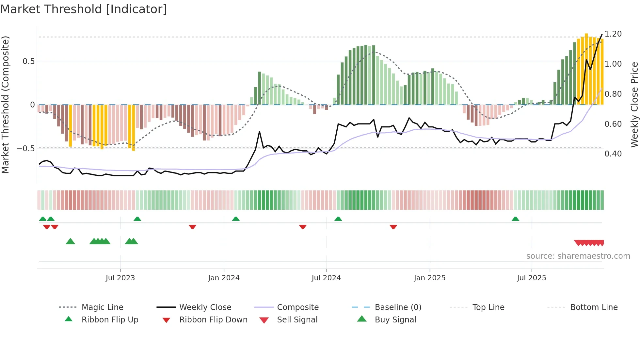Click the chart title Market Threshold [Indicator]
coord(84,9)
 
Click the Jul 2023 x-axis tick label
coord(120,278)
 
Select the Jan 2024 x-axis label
coord(224,278)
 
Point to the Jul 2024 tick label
coord(326,278)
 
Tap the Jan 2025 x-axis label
coord(429,278)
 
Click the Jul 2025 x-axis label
coord(531,278)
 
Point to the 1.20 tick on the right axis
coord(613,34)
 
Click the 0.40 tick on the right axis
coord(613,154)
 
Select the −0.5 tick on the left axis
coord(25,149)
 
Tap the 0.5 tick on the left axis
coord(28,61)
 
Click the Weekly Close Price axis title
coord(634,105)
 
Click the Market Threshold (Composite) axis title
coord(5,105)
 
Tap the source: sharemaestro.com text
coord(578,256)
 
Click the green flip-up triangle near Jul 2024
coord(338,219)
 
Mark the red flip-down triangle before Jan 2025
coord(393,227)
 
